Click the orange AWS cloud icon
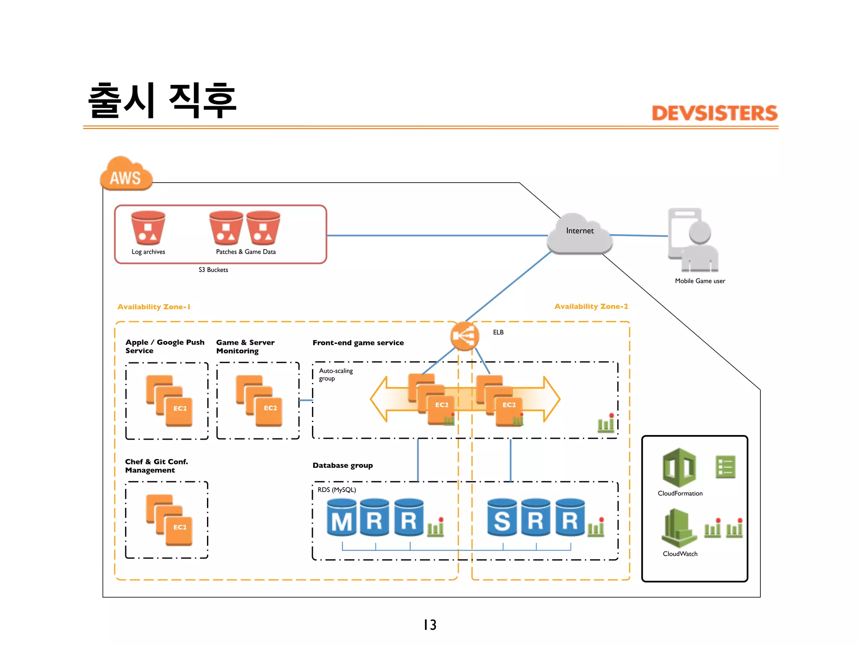[126, 174]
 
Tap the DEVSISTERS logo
[714, 113]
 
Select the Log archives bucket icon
[148, 228]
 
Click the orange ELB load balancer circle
[464, 336]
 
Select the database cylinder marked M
[342, 517]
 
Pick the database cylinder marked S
[502, 517]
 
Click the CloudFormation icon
[679, 468]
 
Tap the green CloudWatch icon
[679, 528]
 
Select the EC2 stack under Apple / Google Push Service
[169, 401]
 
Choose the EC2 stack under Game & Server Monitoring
[259, 401]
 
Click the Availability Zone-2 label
[591, 307]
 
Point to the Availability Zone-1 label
[154, 307]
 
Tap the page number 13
[430, 625]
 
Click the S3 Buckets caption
[213, 270]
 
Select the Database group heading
[343, 465]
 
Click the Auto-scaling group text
[336, 375]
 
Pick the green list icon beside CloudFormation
[725, 467]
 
